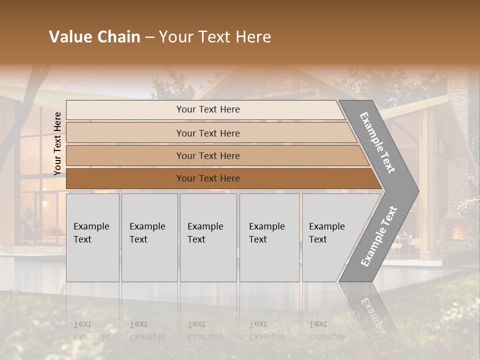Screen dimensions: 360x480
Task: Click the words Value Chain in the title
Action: click(94, 37)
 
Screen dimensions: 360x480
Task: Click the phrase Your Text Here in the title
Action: click(215, 37)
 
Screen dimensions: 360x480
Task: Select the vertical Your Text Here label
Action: click(57, 143)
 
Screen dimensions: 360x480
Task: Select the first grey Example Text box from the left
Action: click(92, 237)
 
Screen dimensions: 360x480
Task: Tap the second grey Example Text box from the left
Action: click(149, 237)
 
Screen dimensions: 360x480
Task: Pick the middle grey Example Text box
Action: click(208, 237)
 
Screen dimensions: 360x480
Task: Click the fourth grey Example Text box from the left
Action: click(269, 237)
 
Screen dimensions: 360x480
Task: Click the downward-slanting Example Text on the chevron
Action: click(378, 142)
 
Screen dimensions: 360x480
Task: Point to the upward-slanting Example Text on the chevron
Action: click(379, 236)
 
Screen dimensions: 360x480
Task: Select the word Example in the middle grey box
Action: click(205, 226)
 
